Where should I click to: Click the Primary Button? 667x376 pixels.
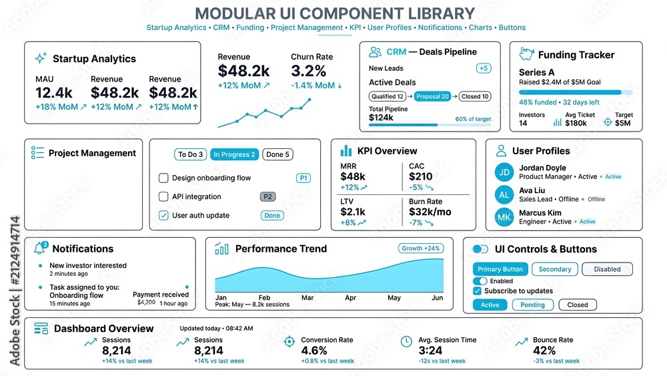point(500,269)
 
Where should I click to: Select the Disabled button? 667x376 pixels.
point(607,269)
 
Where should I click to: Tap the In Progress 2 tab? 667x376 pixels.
point(234,154)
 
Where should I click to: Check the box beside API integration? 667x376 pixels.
point(163,196)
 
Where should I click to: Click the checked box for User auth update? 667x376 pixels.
point(163,215)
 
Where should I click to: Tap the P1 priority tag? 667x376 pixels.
point(303,178)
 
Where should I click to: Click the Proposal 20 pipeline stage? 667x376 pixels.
point(432,97)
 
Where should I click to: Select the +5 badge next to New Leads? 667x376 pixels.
point(484,68)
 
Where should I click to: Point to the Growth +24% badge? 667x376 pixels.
point(421,248)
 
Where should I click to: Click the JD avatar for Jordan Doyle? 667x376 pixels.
point(504,172)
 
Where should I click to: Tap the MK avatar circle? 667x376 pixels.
point(504,217)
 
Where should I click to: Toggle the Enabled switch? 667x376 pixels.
point(480,281)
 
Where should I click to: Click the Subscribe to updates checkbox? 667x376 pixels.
point(477,291)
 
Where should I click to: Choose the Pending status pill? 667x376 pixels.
point(532,305)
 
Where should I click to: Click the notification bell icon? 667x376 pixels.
point(41,248)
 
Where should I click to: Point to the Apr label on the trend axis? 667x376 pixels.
point(351,298)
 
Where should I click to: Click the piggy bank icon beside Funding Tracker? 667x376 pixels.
point(527,54)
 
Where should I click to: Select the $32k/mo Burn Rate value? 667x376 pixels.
point(430,212)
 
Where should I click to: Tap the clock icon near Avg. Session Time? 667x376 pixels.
point(406,341)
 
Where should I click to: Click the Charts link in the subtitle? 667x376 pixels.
point(480,27)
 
